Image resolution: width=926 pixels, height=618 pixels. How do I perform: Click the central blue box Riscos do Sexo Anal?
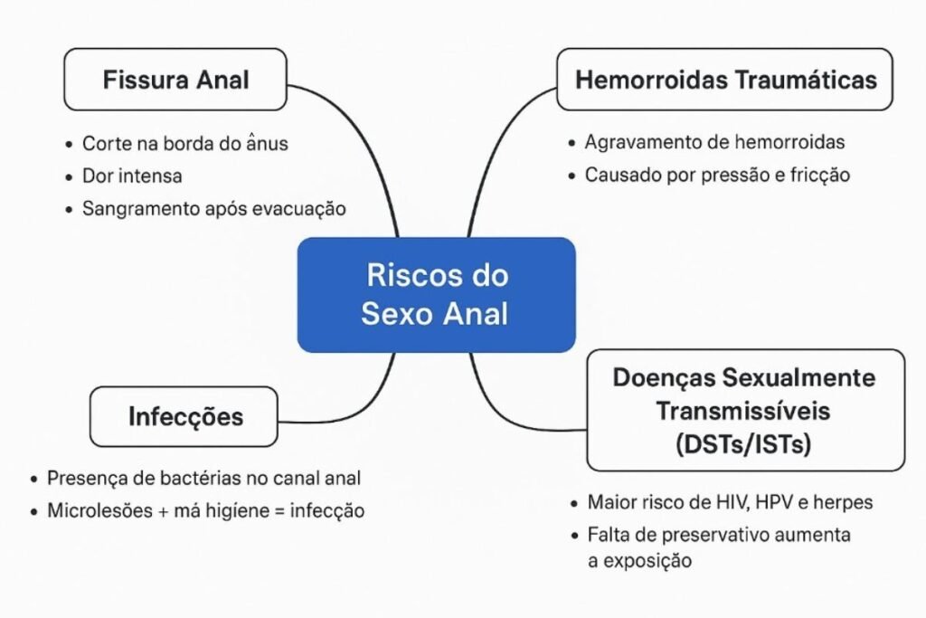point(436,294)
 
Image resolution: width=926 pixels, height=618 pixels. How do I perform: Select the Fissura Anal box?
point(175,80)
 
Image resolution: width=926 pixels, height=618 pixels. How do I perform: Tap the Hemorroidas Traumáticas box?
point(725,80)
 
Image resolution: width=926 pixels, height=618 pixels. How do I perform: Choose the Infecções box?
point(184,416)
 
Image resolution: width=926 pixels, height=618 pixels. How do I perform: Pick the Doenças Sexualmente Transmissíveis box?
point(744,410)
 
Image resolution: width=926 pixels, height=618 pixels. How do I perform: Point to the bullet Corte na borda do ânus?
point(184,143)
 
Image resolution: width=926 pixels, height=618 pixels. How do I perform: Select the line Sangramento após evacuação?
point(213,208)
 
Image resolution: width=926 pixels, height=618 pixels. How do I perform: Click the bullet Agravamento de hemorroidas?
point(714,142)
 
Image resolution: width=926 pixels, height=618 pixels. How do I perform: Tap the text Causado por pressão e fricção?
point(717,176)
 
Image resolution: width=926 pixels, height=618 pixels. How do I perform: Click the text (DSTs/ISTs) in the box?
point(744,444)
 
